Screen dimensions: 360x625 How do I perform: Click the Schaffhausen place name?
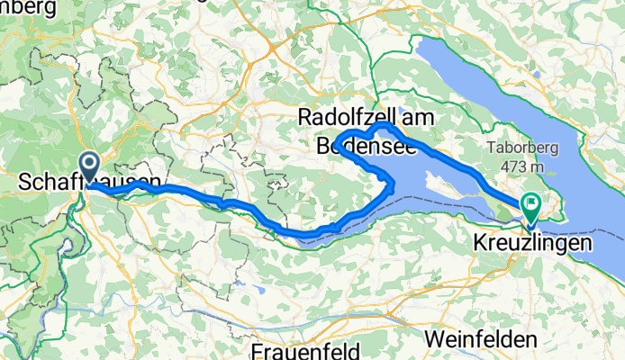(90, 183)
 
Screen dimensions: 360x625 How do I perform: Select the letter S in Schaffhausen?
(24, 183)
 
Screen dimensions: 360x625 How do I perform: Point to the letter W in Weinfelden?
(433, 339)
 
